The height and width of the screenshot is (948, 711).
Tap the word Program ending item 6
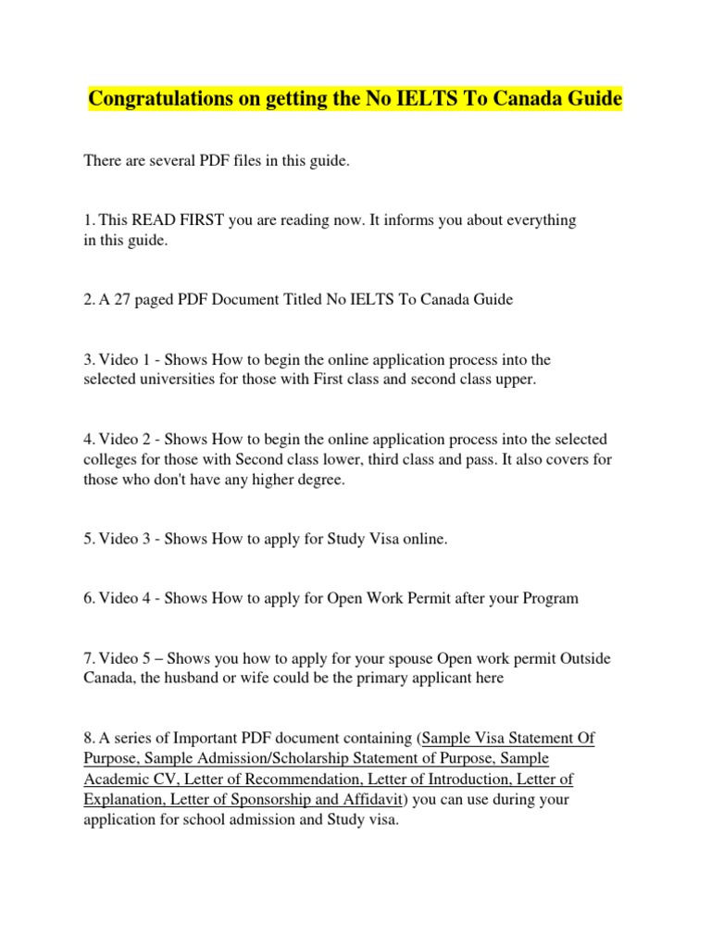point(546,598)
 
